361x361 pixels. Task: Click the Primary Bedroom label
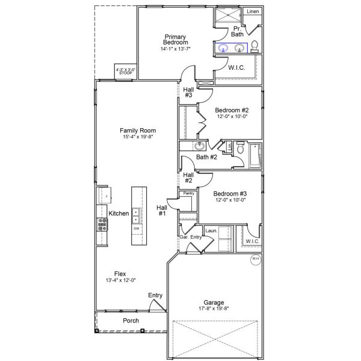pyautogui.click(x=176, y=40)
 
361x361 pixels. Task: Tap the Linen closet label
pyautogui.click(x=253, y=11)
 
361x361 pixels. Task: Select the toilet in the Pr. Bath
pyautogui.click(x=255, y=46)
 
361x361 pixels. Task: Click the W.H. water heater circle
pyautogui.click(x=256, y=260)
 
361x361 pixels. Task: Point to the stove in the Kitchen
pyautogui.click(x=102, y=224)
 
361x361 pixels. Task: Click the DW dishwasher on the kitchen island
pyautogui.click(x=137, y=229)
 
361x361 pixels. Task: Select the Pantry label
pyautogui.click(x=188, y=193)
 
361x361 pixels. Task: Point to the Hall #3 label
pyautogui.click(x=188, y=92)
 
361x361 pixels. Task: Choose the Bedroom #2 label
pyautogui.click(x=232, y=110)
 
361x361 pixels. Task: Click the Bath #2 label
pyautogui.click(x=206, y=157)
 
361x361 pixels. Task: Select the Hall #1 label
pyautogui.click(x=162, y=210)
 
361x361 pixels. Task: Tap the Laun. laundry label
pyautogui.click(x=211, y=230)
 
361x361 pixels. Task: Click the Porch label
pyautogui.click(x=131, y=321)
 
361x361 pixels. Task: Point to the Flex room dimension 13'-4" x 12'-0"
pyautogui.click(x=120, y=280)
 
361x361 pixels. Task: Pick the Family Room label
pyautogui.click(x=138, y=131)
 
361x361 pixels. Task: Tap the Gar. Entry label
pyautogui.click(x=190, y=238)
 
